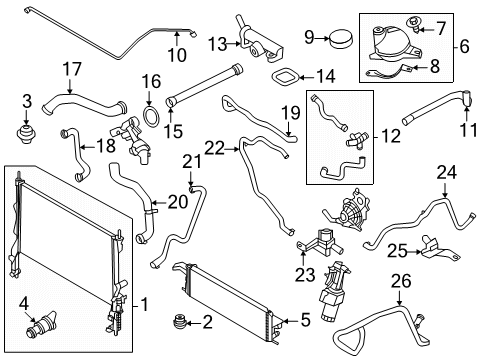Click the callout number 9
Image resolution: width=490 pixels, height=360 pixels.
[x=309, y=38]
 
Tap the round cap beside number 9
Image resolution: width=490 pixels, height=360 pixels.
[x=339, y=38]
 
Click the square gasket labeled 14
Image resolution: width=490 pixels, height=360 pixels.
[x=288, y=77]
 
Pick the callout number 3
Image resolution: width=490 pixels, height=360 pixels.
[x=27, y=100]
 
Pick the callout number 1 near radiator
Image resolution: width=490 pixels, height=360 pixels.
[x=144, y=302]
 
